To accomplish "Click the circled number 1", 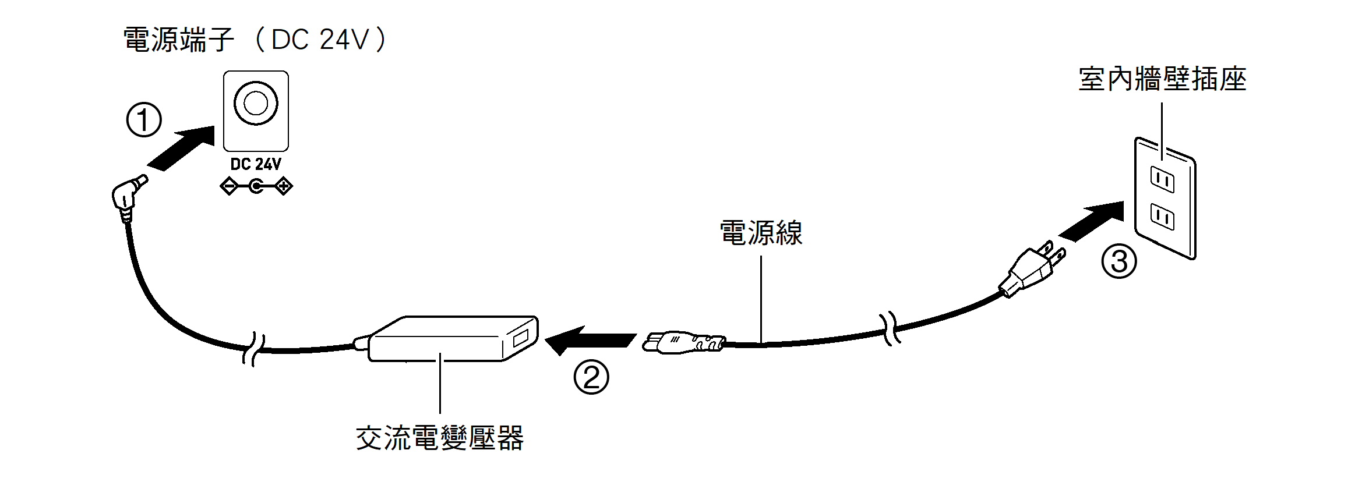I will pyautogui.click(x=144, y=121).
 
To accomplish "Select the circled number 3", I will pyautogui.click(x=1119, y=261).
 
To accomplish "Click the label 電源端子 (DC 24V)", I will pyautogui.click(x=255, y=40).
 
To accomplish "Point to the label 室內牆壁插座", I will pyautogui.click(x=1162, y=80).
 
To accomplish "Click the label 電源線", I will pyautogui.click(x=761, y=233).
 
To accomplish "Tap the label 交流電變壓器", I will pyautogui.click(x=440, y=438).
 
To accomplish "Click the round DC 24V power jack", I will pyautogui.click(x=256, y=104).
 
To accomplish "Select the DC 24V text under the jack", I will pyautogui.click(x=256, y=165).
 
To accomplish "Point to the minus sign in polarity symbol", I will pyautogui.click(x=229, y=187).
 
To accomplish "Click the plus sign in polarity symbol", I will pyautogui.click(x=284, y=187).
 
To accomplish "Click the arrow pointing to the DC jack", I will pyautogui.click(x=181, y=148).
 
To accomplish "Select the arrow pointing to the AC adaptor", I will pyautogui.click(x=588, y=341).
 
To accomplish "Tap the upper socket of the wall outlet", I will pyautogui.click(x=1162, y=180).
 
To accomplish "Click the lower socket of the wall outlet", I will pyautogui.click(x=1162, y=217).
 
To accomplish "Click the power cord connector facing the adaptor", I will pyautogui.click(x=682, y=342).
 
